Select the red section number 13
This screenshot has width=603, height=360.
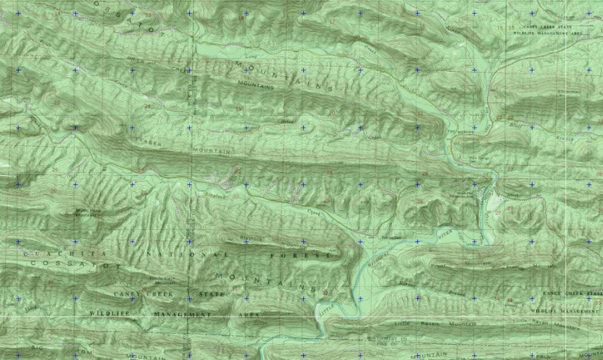tap(149, 14)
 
